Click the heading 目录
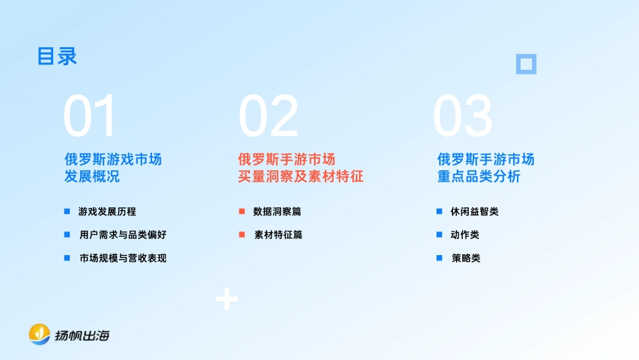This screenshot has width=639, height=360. [x=57, y=57]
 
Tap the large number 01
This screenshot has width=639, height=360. [x=90, y=116]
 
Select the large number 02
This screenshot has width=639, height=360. [x=268, y=116]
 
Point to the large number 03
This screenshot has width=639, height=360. [x=463, y=116]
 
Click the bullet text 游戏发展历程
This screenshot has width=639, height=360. [x=108, y=211]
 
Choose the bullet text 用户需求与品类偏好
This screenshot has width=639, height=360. [x=122, y=235]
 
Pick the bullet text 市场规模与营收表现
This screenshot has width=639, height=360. [x=122, y=258]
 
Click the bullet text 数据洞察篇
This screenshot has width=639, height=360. [x=277, y=211]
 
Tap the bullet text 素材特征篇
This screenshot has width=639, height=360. [x=278, y=235]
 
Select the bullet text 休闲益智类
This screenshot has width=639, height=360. [x=474, y=211]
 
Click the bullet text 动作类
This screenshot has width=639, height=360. [x=465, y=235]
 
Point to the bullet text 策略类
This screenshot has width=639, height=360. [x=465, y=258]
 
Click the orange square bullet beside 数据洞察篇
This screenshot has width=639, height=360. [x=241, y=211]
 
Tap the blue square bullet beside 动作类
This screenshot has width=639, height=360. [x=439, y=235]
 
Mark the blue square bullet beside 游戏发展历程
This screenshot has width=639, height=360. [x=67, y=211]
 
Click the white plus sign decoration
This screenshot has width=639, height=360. [x=227, y=299]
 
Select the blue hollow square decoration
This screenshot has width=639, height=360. [x=526, y=64]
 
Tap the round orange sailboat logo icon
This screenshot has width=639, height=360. [x=40, y=334]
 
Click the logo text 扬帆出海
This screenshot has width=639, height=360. [x=81, y=335]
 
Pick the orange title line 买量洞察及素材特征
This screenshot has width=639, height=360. [x=301, y=177]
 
